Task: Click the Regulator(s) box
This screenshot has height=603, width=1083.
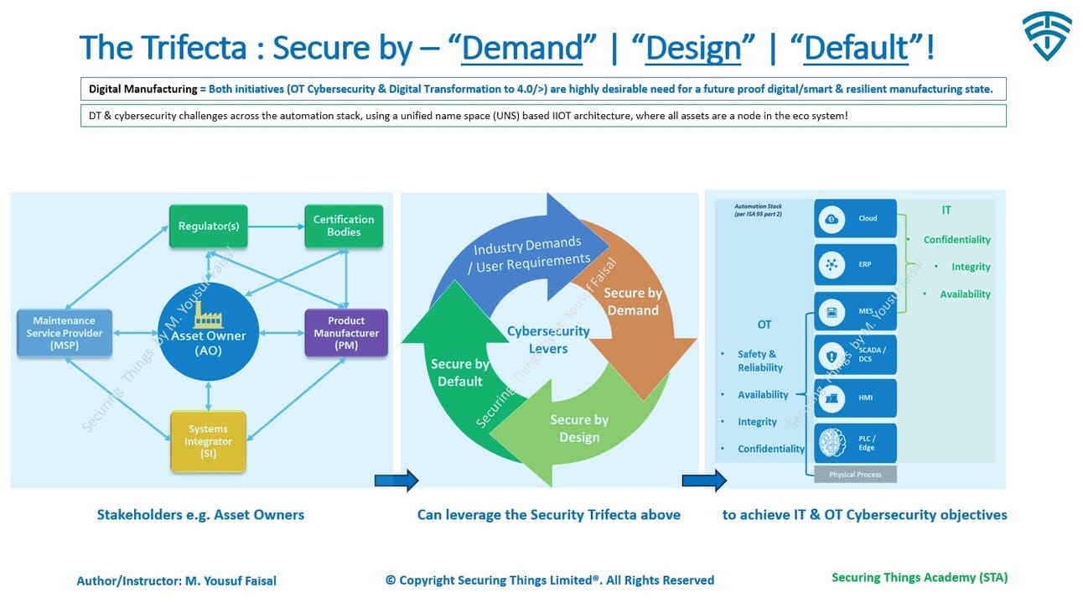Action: [x=208, y=226]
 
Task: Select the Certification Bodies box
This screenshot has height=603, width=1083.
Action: [x=343, y=226]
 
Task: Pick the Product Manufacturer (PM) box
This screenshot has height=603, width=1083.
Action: [x=346, y=333]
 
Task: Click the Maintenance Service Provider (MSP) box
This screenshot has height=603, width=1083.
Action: [x=65, y=333]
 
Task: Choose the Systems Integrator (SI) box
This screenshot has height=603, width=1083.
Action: [x=208, y=441]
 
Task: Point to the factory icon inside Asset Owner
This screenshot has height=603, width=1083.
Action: [x=208, y=315]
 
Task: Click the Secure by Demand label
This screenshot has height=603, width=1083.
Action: [x=632, y=301]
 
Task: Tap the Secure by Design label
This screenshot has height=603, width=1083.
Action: [x=579, y=429]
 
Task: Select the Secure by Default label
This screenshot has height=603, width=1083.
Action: [x=459, y=372]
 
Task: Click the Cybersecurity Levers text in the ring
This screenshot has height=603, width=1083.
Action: [x=548, y=340]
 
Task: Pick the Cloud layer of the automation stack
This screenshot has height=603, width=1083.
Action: [x=855, y=219]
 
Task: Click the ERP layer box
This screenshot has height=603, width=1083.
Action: [x=855, y=264]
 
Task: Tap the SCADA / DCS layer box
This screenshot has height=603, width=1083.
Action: [x=855, y=355]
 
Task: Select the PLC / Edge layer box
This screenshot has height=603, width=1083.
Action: [x=855, y=443]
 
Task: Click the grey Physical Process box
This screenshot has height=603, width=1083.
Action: [x=855, y=475]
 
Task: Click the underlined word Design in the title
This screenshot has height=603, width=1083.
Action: [x=693, y=48]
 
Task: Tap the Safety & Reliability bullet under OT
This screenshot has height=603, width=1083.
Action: [x=759, y=361]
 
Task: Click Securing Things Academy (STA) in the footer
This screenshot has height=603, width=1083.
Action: [x=919, y=577]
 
